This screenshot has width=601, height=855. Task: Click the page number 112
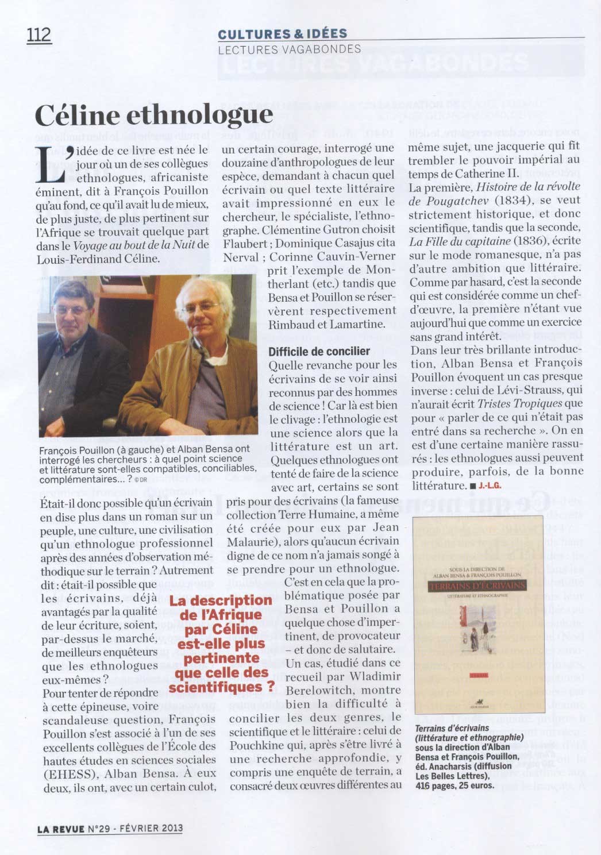[x=39, y=35]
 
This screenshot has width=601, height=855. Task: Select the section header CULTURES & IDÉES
[x=283, y=34]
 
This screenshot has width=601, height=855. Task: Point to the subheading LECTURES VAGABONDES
[x=290, y=49]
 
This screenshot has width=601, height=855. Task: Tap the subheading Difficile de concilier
[x=319, y=351]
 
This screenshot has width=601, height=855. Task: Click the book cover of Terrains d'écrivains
[x=478, y=614]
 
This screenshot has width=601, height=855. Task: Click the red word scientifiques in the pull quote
[x=221, y=687]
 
